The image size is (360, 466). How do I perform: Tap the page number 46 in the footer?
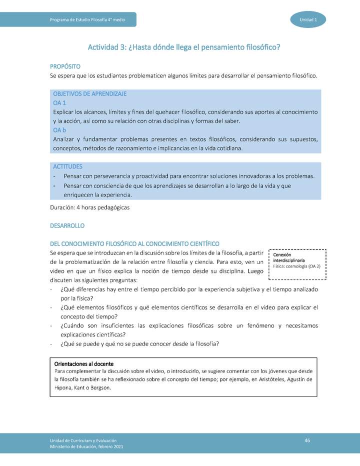click(307, 439)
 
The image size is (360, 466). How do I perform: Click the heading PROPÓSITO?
click(65, 66)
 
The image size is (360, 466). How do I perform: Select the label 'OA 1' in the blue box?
click(60, 102)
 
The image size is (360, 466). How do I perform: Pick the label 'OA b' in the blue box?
click(60, 130)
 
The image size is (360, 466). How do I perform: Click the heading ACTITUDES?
click(67, 166)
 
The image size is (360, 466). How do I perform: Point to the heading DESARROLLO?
click(67, 226)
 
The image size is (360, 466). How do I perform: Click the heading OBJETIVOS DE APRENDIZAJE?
click(89, 93)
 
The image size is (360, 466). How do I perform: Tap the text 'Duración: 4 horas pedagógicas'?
click(90, 207)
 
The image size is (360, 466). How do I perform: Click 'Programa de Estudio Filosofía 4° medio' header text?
click(87, 19)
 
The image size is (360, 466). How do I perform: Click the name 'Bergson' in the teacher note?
click(100, 387)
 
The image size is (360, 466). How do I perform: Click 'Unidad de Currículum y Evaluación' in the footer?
click(83, 439)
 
